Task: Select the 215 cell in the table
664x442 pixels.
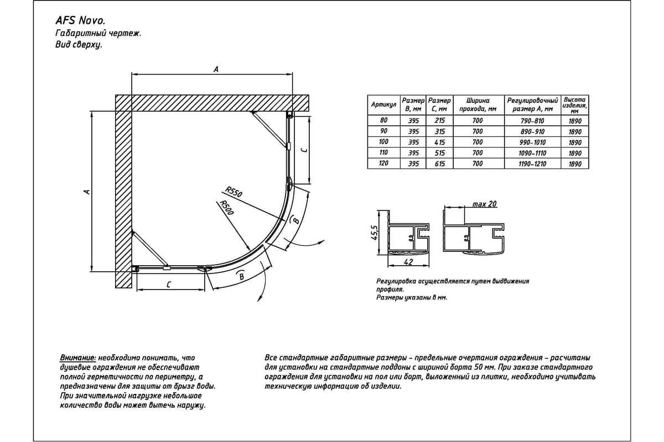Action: pos(440,120)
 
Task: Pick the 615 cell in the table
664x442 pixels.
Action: pos(440,164)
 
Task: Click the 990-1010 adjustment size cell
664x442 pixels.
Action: pos(532,142)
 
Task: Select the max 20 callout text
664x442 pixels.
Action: pos(485,204)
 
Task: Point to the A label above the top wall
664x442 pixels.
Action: pos(216,69)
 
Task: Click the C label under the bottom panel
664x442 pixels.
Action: pos(168,284)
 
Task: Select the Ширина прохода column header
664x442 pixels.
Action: pos(478,104)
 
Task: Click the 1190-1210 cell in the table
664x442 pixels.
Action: pos(532,164)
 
